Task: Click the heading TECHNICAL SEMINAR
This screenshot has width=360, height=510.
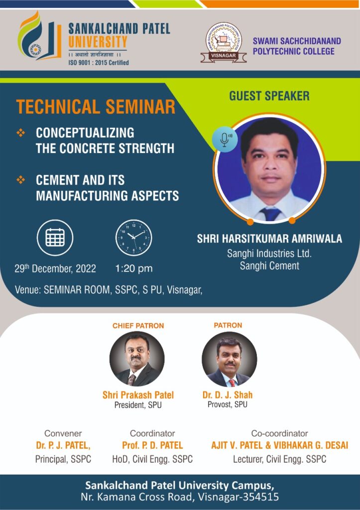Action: [x=96, y=107]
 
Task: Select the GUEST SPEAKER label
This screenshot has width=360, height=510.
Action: [x=269, y=96]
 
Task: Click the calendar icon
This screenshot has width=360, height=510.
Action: [x=55, y=238]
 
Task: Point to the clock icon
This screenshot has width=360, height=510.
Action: [x=134, y=238]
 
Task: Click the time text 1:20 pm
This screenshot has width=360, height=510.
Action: [x=134, y=269]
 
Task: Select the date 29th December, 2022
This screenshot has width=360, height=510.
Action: [x=55, y=269]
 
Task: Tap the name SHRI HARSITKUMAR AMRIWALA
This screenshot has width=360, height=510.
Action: [x=269, y=239]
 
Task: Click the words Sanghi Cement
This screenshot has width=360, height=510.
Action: [x=269, y=266]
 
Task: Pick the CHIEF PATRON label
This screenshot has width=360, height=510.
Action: [x=138, y=326]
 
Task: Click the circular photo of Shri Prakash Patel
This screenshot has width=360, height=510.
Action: [x=137, y=359]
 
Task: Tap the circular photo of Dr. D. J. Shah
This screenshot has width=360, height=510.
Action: [x=229, y=359]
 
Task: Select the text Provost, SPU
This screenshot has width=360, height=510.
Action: [x=228, y=404]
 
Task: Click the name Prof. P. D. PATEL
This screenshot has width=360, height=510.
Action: [x=152, y=445]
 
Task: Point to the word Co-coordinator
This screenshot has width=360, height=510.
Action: [x=279, y=433]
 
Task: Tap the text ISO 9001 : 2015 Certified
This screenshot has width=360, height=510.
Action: [x=99, y=63]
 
